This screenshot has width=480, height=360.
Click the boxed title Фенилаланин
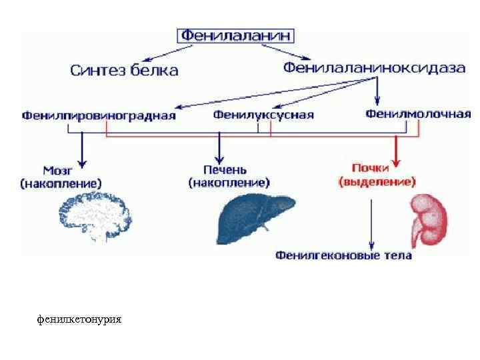235,36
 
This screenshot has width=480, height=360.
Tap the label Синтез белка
125,69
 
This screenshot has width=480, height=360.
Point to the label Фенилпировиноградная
99,115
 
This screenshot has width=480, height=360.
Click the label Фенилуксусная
263,115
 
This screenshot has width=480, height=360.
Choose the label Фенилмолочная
418,114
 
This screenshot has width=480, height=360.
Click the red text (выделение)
377,181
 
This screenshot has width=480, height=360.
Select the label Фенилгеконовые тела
343,255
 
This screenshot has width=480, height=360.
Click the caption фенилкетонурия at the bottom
79,319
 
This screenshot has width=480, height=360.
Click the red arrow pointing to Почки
396,151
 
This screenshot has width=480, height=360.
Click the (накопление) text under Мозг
61,182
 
